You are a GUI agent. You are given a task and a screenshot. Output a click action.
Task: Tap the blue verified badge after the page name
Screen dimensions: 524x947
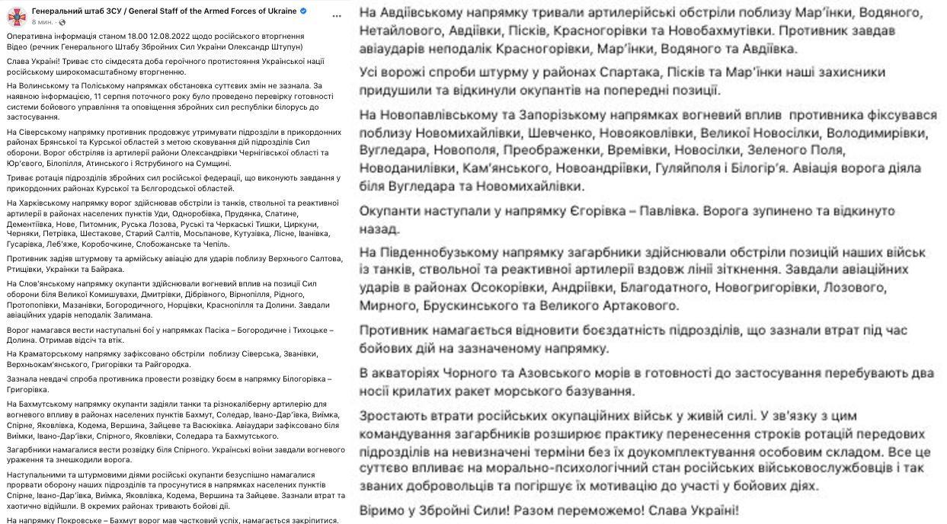(x=303, y=11)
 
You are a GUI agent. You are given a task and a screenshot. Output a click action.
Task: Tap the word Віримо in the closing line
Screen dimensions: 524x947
(x=385, y=510)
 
